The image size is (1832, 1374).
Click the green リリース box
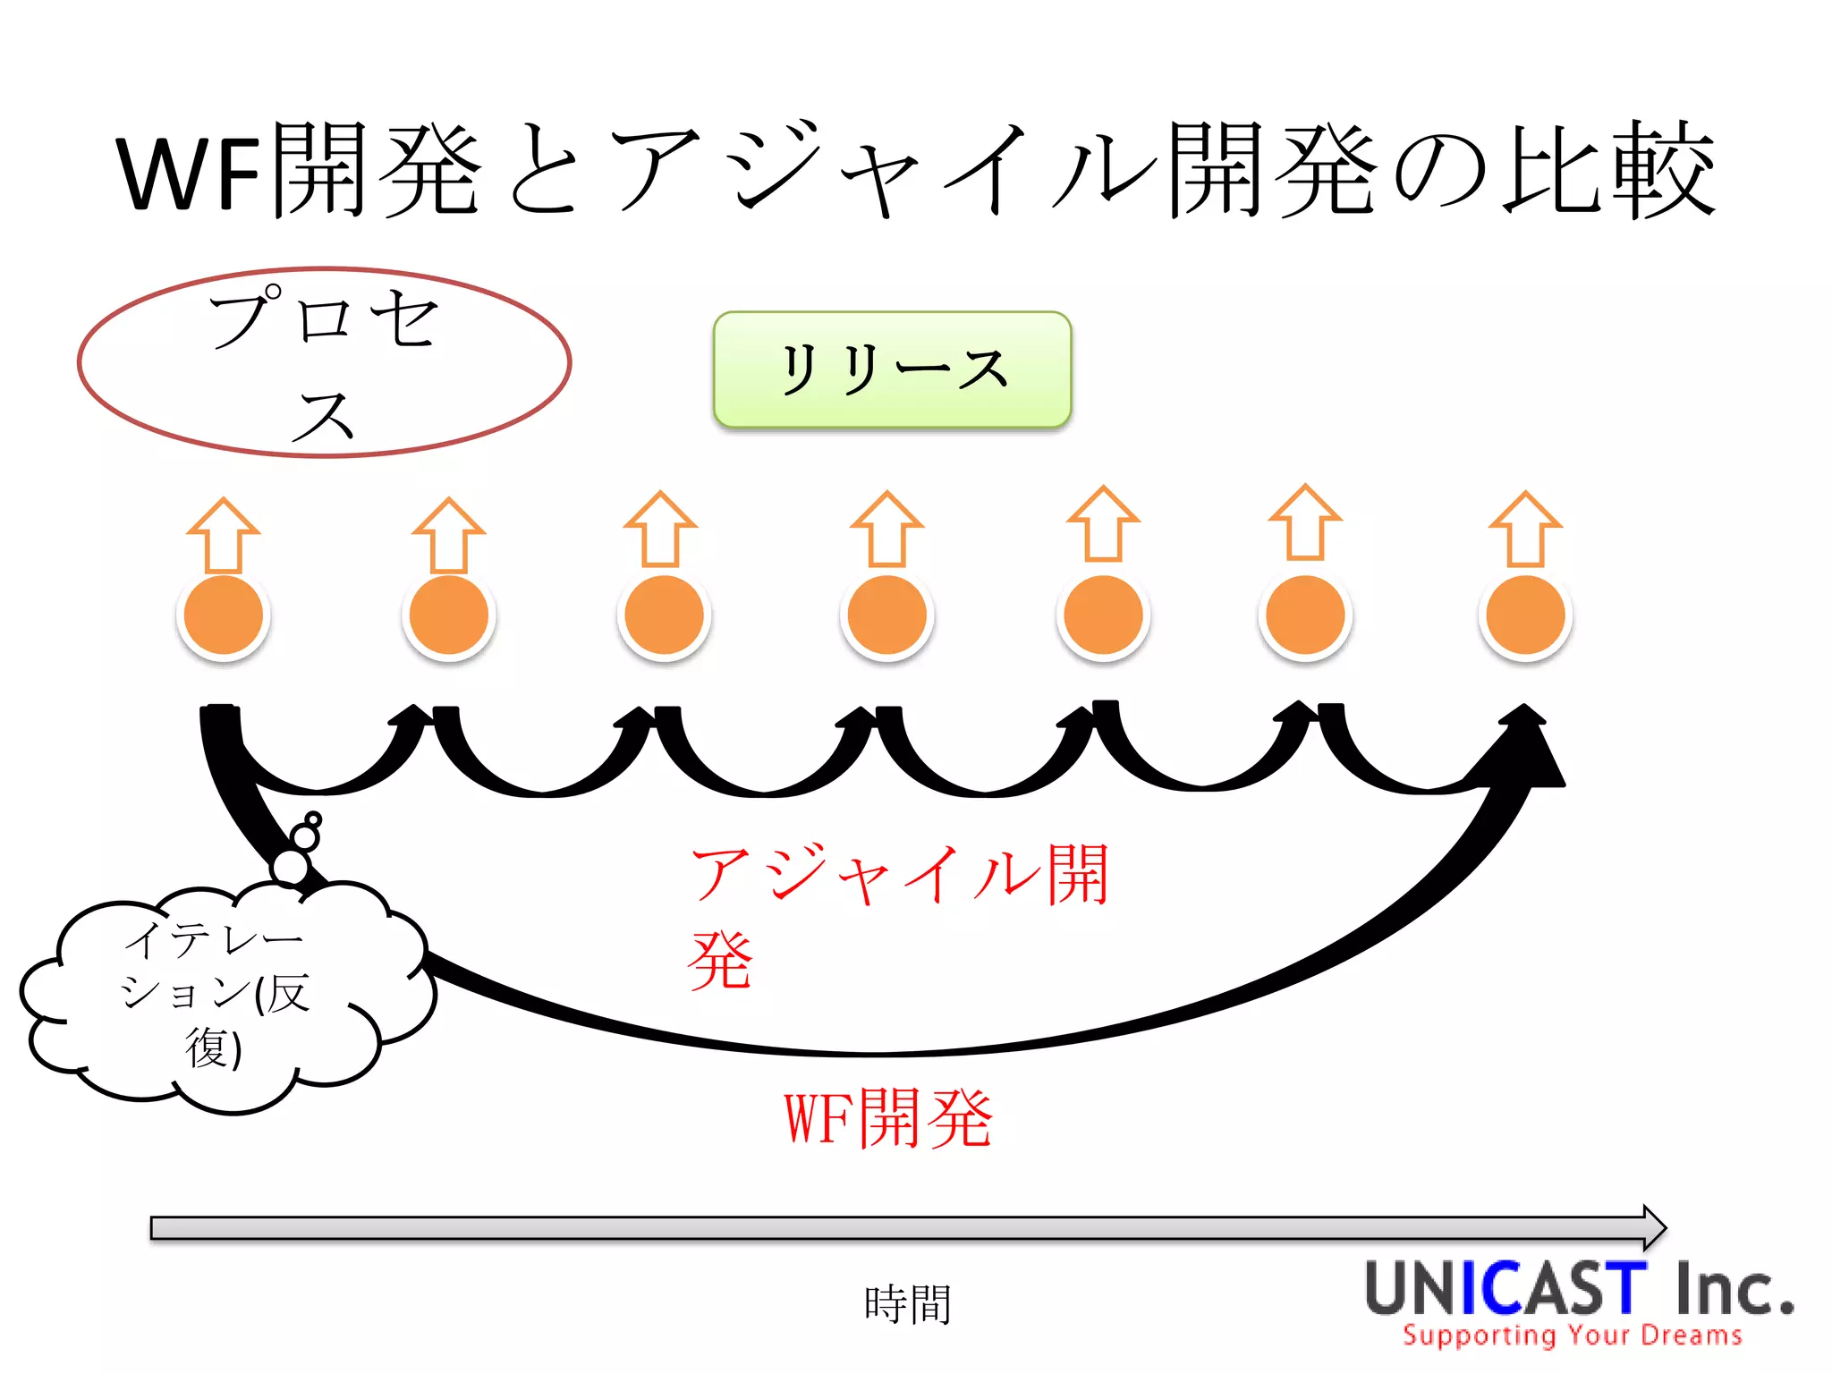click(892, 369)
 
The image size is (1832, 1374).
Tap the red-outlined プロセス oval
click(324, 362)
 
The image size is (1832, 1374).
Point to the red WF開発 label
click(888, 1118)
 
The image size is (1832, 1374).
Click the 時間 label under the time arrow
click(907, 1304)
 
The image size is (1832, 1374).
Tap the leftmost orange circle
click(224, 615)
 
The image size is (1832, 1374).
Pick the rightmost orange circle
click(1525, 615)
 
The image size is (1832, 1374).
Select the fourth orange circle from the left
click(887, 615)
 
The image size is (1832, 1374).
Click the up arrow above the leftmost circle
click(224, 535)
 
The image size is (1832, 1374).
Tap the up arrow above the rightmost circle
click(1525, 529)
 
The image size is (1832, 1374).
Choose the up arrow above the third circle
click(661, 529)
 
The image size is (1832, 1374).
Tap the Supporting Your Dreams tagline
click(1572, 1336)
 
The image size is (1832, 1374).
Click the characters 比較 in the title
click(1610, 170)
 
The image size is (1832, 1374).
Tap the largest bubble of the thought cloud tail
click(291, 866)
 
